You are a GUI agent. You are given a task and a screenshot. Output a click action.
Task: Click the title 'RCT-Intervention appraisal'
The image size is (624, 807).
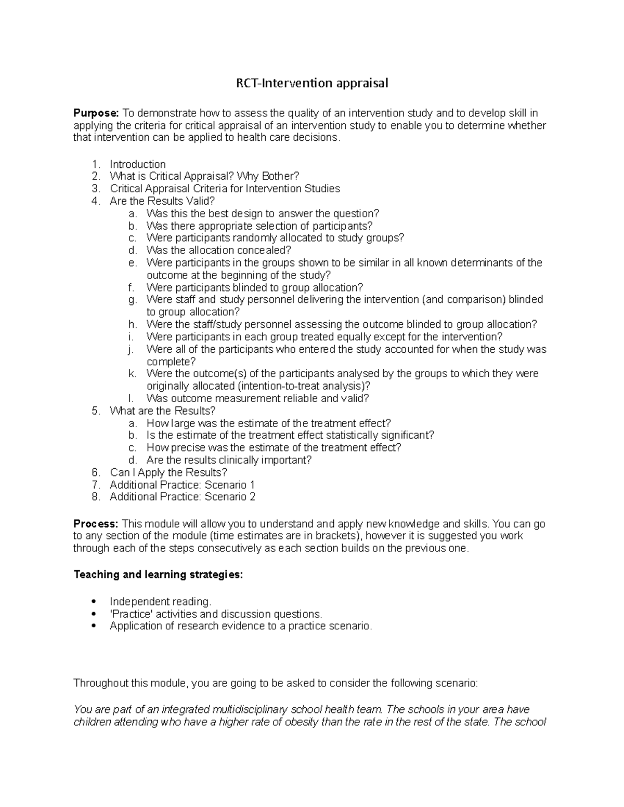pyautogui.click(x=312, y=83)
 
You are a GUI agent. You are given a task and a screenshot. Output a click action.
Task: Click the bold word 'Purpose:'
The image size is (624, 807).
pyautogui.click(x=96, y=113)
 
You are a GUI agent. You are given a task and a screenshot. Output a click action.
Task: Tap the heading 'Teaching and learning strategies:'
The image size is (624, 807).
pyautogui.click(x=158, y=575)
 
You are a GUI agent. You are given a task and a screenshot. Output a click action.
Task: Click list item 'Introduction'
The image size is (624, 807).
pyautogui.click(x=138, y=164)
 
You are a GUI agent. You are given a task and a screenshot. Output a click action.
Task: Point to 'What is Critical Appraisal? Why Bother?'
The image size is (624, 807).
pyautogui.click(x=204, y=177)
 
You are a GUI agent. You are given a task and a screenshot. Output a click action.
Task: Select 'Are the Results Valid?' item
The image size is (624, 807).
pyautogui.click(x=162, y=201)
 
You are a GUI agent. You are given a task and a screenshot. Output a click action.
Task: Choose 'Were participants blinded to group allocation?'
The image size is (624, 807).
pyautogui.click(x=254, y=287)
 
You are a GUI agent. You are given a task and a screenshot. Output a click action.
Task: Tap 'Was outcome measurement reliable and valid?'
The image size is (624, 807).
pyautogui.click(x=257, y=399)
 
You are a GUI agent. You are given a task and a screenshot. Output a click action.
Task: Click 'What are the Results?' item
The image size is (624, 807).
pyautogui.click(x=162, y=411)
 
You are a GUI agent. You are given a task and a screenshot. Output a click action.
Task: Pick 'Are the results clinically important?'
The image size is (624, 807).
pyautogui.click(x=229, y=460)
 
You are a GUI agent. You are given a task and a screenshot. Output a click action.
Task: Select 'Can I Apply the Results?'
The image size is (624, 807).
pyautogui.click(x=168, y=472)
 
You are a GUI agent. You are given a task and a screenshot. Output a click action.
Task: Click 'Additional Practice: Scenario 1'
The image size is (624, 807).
pyautogui.click(x=183, y=485)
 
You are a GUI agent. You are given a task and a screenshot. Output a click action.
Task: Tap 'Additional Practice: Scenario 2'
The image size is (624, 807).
pyautogui.click(x=183, y=497)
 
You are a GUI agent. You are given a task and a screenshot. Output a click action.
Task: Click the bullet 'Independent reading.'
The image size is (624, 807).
pyautogui.click(x=161, y=602)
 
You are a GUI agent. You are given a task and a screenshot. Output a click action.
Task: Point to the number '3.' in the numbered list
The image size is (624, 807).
pyautogui.click(x=95, y=189)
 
